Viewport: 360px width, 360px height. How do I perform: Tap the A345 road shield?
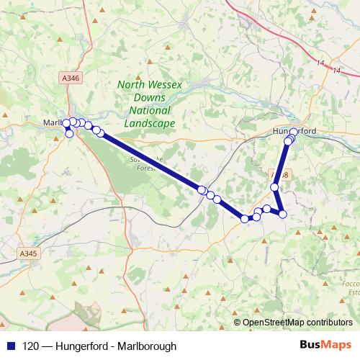click(x=27, y=253)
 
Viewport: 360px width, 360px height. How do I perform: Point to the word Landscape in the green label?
click(x=150, y=124)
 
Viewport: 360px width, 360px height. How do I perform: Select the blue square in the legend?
click(x=9, y=346)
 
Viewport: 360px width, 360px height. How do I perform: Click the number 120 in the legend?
click(x=32, y=346)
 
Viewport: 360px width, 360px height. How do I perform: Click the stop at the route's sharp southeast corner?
click(x=283, y=214)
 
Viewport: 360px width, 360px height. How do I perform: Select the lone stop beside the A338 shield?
click(x=274, y=187)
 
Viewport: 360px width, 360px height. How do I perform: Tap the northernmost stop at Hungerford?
click(x=294, y=132)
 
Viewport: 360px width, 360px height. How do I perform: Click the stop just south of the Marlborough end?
click(x=69, y=133)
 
